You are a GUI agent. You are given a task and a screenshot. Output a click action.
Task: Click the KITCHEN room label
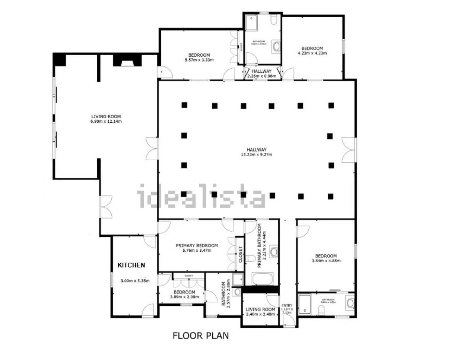(x=131, y=265)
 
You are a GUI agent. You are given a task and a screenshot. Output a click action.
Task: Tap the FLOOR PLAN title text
(x=200, y=335)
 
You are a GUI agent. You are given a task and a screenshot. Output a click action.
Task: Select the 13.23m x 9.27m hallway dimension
(x=256, y=154)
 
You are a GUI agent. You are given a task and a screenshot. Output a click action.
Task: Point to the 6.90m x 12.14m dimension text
(x=106, y=122)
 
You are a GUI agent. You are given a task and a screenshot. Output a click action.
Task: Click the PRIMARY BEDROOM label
(x=197, y=246)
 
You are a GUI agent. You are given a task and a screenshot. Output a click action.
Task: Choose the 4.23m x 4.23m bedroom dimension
(x=312, y=53)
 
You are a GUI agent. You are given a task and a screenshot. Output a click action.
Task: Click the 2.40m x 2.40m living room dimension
(x=260, y=314)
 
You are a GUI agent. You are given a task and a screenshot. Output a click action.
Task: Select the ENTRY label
(x=287, y=306)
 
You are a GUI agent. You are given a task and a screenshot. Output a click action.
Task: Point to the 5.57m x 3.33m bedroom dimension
(x=199, y=60)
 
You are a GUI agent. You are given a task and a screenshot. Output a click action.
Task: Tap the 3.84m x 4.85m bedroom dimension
(x=326, y=261)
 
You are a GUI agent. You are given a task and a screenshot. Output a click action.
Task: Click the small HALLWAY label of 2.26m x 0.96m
(x=262, y=71)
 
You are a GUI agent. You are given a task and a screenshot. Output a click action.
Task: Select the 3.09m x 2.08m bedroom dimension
(x=184, y=297)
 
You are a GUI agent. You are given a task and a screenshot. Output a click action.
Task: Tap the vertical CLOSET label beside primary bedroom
(x=240, y=255)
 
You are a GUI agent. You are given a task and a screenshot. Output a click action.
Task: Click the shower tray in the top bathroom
(x=251, y=23)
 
